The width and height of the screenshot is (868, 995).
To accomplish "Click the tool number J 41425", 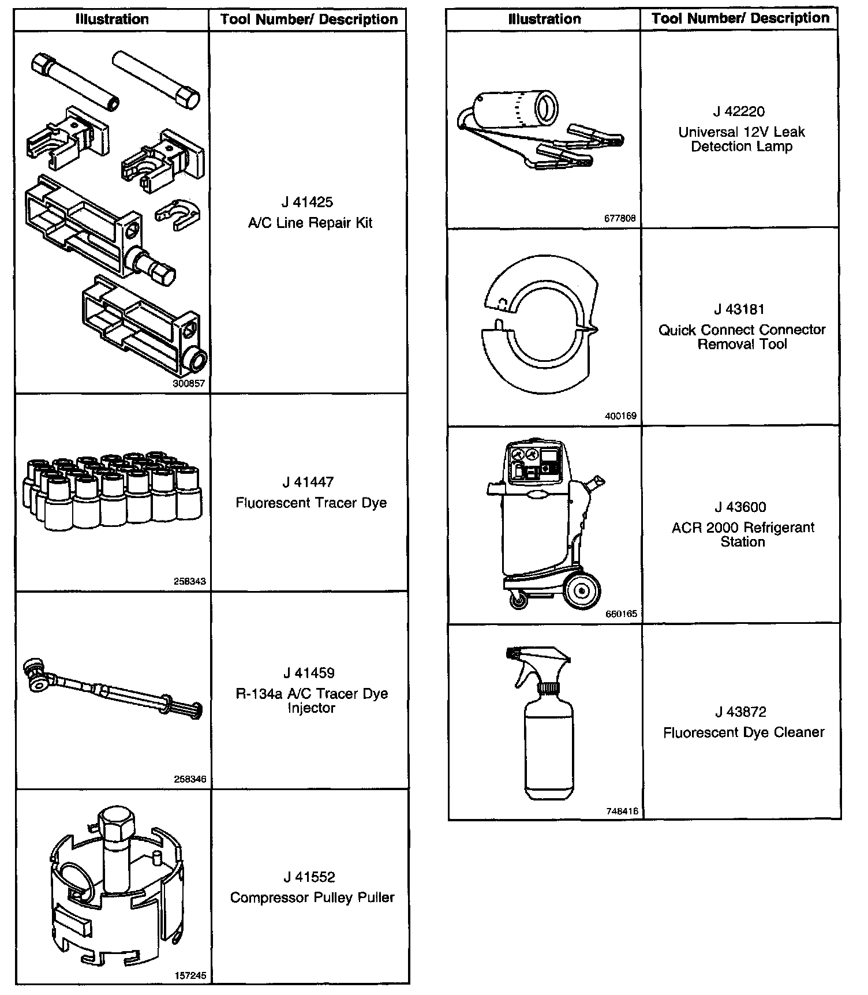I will tap(307, 202).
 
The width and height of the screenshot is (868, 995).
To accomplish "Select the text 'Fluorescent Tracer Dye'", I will tap(310, 503).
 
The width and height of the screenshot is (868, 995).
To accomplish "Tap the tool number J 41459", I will tap(309, 673).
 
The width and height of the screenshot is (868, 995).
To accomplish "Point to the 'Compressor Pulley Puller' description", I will tap(312, 897).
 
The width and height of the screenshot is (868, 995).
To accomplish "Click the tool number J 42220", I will tap(739, 111).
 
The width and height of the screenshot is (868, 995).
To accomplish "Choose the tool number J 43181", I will tap(739, 309).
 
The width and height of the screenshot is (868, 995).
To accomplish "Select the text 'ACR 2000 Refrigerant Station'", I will tap(743, 534).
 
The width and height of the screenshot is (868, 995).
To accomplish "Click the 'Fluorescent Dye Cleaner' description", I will tap(743, 732).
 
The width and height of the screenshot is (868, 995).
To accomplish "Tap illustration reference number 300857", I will tap(189, 383).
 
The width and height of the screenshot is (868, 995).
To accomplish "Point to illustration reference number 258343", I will tap(189, 581).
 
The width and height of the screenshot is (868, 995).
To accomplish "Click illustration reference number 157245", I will tap(190, 976).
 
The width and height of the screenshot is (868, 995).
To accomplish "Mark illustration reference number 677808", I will tap(620, 219).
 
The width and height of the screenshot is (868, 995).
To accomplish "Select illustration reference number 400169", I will tap(621, 416).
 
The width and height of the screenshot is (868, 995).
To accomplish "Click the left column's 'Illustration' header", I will tap(112, 19).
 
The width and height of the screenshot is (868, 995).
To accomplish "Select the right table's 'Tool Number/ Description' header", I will tap(740, 18).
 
